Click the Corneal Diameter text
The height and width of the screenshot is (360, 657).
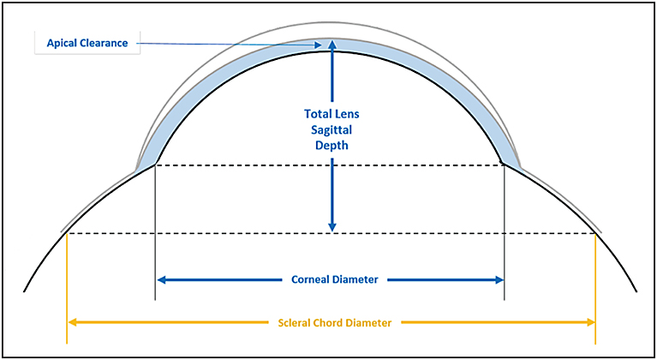pyautogui.click(x=329, y=279)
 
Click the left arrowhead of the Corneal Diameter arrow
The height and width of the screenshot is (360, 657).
pyautogui.click(x=161, y=279)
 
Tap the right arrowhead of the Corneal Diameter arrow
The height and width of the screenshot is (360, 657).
pyautogui.click(x=499, y=279)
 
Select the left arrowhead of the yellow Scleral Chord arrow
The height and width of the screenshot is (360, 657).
pyautogui.click(x=73, y=323)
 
